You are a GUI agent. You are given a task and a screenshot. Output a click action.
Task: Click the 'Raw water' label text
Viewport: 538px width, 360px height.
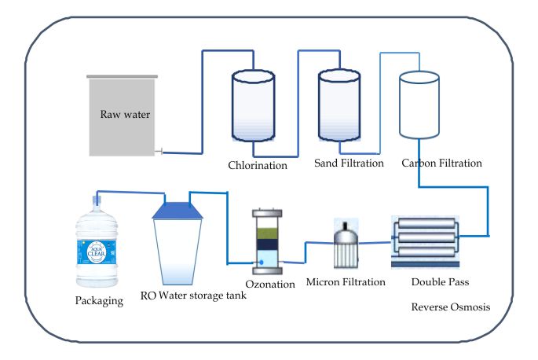click(x=125, y=113)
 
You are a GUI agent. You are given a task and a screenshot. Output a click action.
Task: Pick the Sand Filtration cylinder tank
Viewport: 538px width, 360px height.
click(x=339, y=110)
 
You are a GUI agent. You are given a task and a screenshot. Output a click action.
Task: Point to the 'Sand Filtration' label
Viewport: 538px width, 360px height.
click(x=349, y=163)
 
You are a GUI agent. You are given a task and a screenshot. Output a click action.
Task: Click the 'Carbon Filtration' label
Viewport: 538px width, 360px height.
click(x=441, y=163)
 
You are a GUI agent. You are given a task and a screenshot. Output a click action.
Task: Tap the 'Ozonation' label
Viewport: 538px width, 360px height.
click(x=265, y=282)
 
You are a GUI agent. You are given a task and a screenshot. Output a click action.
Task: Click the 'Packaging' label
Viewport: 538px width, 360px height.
click(x=100, y=300)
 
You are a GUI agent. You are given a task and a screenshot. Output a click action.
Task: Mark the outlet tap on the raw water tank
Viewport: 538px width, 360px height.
click(x=159, y=152)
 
